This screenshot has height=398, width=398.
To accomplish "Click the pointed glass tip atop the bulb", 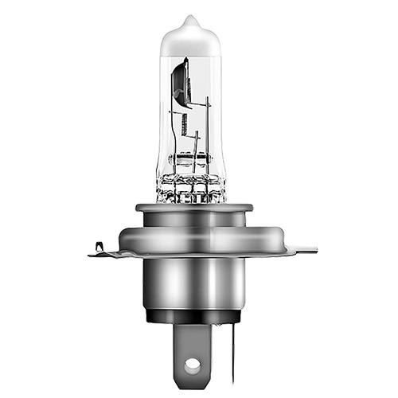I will coord(189,19).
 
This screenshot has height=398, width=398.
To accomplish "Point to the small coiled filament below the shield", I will coord(184,124).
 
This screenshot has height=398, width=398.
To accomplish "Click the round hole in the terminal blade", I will coord(191,365).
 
